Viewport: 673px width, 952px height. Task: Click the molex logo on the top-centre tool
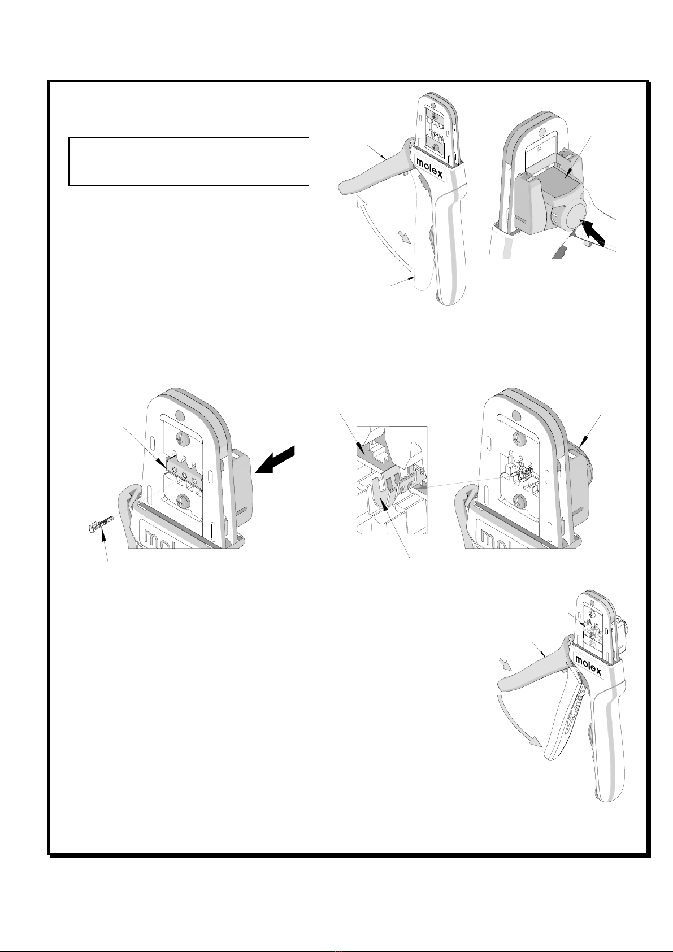point(429,167)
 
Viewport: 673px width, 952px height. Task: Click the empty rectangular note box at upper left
point(188,162)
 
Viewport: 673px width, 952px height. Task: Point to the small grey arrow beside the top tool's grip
point(405,237)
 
